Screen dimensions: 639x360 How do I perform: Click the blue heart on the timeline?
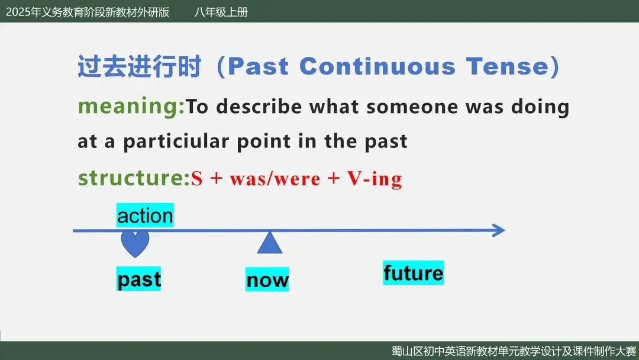point(135,243)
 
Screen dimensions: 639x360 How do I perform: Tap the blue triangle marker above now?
point(270,243)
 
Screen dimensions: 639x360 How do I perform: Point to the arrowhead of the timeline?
point(499,230)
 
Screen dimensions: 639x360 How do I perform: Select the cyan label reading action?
point(145,216)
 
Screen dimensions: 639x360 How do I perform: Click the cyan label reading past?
point(138,278)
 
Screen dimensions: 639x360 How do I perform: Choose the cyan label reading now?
point(267,279)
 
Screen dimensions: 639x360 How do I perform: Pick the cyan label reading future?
point(413,273)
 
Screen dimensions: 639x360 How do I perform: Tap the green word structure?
point(134,178)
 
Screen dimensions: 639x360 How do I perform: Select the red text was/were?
point(275,179)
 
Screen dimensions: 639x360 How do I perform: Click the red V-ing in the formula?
point(375,179)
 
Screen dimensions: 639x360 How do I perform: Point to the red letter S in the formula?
point(197,179)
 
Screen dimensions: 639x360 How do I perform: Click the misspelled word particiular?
point(176,142)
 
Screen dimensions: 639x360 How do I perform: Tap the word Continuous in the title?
point(377,66)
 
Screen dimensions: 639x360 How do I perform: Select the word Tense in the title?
point(508,66)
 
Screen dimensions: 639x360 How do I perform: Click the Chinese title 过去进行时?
point(140,66)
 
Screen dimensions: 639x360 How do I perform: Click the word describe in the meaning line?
point(259,107)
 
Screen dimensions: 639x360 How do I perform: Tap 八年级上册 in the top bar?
point(221,12)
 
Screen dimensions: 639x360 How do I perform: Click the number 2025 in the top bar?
point(18,12)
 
